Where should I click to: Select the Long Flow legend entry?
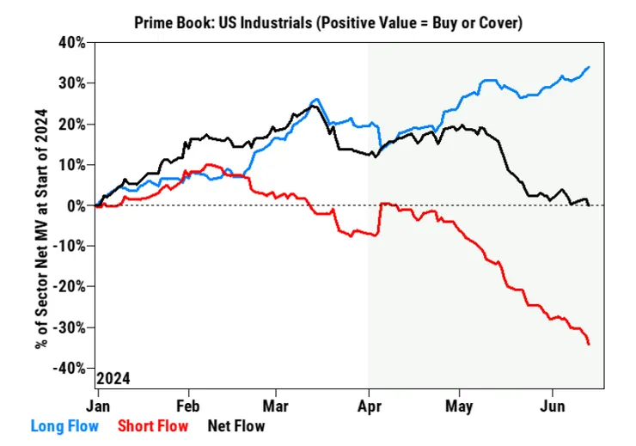coord(64,425)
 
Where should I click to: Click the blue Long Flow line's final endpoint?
coord(589,67)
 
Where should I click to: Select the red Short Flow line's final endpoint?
coord(589,344)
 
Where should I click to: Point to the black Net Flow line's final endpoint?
coord(589,205)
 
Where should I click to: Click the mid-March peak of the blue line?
coord(316,100)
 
